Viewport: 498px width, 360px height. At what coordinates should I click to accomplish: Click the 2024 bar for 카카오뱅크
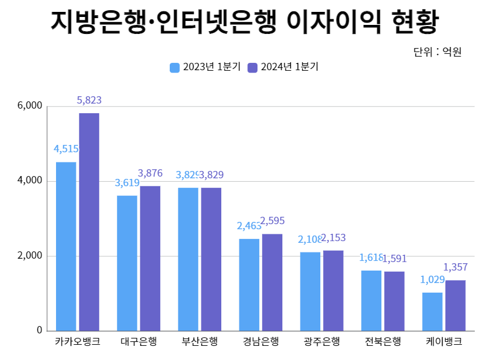tap(89, 222)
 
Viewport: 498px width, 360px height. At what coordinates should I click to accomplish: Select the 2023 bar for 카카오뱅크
tap(66, 246)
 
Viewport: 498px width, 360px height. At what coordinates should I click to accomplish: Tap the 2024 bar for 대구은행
tap(150, 258)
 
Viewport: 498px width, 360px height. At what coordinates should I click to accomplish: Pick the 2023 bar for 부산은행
tap(188, 259)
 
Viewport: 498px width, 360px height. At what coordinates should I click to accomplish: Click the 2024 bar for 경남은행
tap(272, 282)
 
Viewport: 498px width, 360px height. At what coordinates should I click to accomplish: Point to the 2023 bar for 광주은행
tap(310, 292)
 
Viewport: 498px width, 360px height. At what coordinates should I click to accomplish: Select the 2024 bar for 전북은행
tap(394, 301)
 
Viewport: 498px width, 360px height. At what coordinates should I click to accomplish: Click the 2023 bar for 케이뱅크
tap(432, 311)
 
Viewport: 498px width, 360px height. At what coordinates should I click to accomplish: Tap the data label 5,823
tap(89, 100)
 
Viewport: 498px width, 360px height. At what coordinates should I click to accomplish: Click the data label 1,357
tap(456, 267)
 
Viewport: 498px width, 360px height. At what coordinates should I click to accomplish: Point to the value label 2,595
tap(272, 221)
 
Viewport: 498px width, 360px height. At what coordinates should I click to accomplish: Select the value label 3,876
tap(150, 173)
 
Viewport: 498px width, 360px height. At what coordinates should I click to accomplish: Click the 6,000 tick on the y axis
tap(30, 106)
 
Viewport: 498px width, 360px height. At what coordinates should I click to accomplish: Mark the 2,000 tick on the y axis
tap(30, 256)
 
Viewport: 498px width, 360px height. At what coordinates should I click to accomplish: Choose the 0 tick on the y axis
tap(40, 331)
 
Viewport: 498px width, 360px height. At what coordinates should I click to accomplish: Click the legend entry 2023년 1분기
tap(205, 67)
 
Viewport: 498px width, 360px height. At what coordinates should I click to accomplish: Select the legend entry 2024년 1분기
tap(284, 67)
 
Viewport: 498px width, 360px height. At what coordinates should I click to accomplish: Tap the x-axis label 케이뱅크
tap(444, 342)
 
